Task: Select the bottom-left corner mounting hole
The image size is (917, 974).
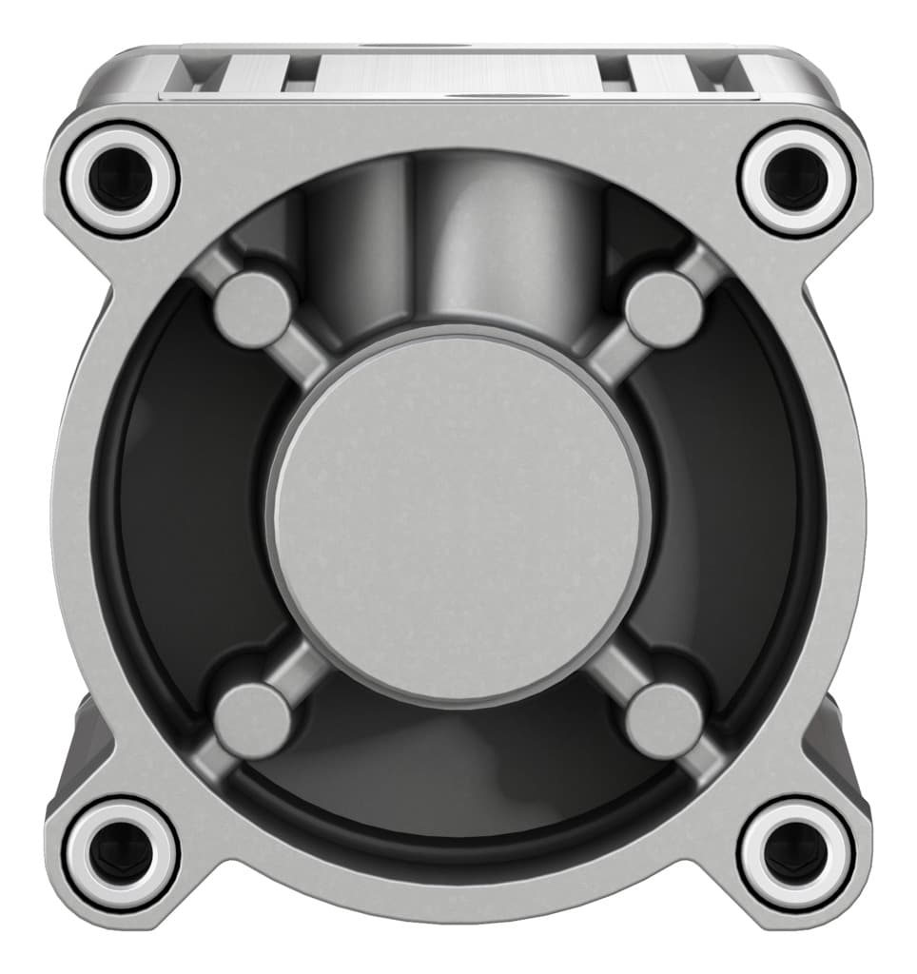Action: click(x=120, y=849)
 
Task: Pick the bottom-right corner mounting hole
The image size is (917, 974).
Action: click(x=796, y=849)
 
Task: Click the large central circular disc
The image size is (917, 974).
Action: click(x=458, y=518)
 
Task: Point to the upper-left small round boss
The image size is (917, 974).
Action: click(x=252, y=309)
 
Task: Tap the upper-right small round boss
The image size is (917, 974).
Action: click(x=664, y=309)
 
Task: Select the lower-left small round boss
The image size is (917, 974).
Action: click(x=252, y=720)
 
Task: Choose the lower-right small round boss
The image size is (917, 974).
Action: click(x=664, y=720)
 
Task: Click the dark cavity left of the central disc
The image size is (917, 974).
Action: click(x=181, y=514)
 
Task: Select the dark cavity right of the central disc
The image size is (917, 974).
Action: click(x=737, y=514)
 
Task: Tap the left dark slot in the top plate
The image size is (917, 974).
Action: click(x=302, y=71)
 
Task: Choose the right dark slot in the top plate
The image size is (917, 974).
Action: click(x=616, y=71)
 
